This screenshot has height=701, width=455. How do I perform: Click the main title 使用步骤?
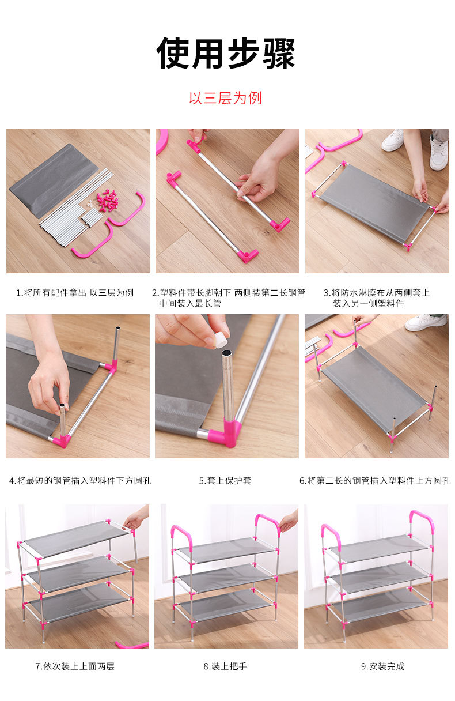pyautogui.click(x=225, y=53)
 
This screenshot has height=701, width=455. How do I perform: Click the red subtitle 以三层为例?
pyautogui.click(x=225, y=98)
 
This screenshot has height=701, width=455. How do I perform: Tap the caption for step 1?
pyautogui.click(x=75, y=293)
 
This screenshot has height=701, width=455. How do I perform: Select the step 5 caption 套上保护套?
pyautogui.click(x=225, y=480)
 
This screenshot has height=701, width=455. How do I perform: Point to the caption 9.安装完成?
pyautogui.click(x=383, y=666)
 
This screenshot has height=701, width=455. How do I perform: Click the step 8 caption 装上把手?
pyautogui.click(x=225, y=666)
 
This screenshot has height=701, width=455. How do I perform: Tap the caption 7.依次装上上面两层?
pyautogui.click(x=75, y=666)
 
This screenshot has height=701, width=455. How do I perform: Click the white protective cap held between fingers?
pyautogui.click(x=221, y=340)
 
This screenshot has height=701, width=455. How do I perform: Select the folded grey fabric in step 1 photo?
pyautogui.click(x=53, y=180)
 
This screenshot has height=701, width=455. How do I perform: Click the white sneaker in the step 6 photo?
pyautogui.click(x=426, y=322)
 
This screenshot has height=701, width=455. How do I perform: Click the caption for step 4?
pyautogui.click(x=80, y=480)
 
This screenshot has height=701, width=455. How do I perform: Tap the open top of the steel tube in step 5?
pyautogui.click(x=227, y=353)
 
